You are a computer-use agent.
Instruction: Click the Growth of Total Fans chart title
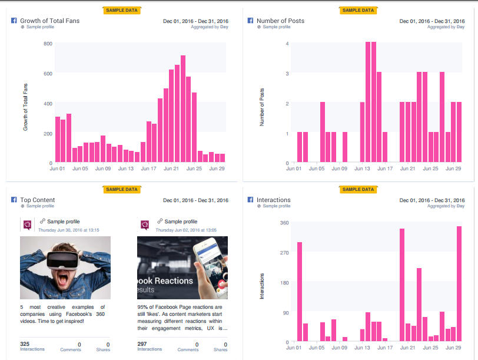point(49,21)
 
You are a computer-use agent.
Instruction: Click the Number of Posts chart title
point(280,21)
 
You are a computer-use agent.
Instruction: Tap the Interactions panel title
point(273,200)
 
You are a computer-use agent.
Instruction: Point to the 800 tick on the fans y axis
point(48,44)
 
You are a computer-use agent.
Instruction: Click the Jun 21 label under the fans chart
point(171,169)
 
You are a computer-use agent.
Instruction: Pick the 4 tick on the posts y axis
point(287,44)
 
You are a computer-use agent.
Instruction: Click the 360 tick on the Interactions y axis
point(284,223)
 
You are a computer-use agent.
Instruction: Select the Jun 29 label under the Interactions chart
point(453,348)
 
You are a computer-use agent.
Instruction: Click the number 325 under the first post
point(25,344)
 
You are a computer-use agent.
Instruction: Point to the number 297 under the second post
point(142,344)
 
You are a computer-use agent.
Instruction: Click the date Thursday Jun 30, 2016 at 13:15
point(68,230)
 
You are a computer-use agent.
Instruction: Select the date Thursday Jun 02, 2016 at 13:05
point(185,230)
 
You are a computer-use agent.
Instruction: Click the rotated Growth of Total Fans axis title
point(25,107)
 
